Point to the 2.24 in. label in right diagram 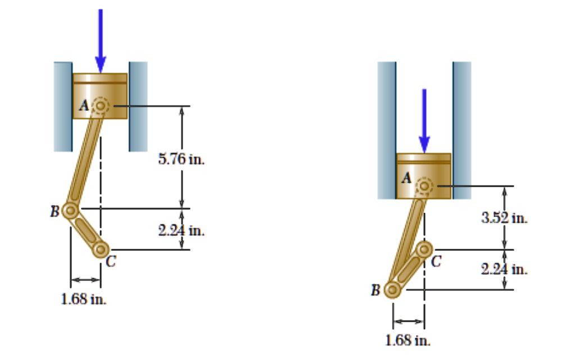pyautogui.click(x=504, y=269)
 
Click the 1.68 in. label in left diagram pyautogui.click(x=84, y=299)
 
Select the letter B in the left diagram pyautogui.click(x=55, y=212)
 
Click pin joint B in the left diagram pyautogui.click(x=70, y=210)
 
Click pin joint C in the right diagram pyautogui.click(x=424, y=247)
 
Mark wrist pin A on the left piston pyautogui.click(x=101, y=105)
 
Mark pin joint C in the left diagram pyautogui.click(x=101, y=249)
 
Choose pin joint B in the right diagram pyautogui.click(x=393, y=290)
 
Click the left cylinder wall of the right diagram pyautogui.click(x=386, y=129)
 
